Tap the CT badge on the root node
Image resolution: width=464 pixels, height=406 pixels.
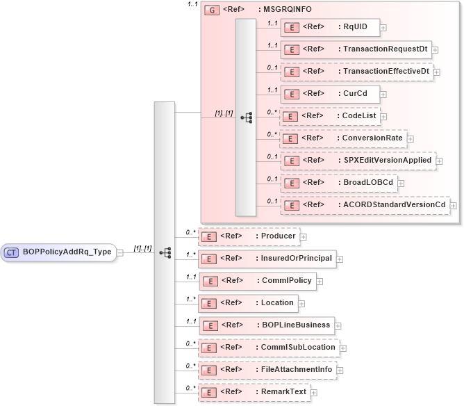(12, 252)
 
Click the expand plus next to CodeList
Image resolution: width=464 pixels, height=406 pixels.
(383, 116)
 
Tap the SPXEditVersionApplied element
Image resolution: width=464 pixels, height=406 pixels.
(357, 161)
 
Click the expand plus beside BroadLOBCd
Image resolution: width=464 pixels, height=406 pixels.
(402, 183)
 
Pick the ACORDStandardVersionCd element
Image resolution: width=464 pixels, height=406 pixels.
(364, 205)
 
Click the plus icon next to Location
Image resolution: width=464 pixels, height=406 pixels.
(301, 304)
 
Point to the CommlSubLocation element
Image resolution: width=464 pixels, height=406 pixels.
(267, 347)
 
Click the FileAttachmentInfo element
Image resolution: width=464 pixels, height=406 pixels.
(267, 370)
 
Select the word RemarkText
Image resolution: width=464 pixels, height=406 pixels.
(283, 392)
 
